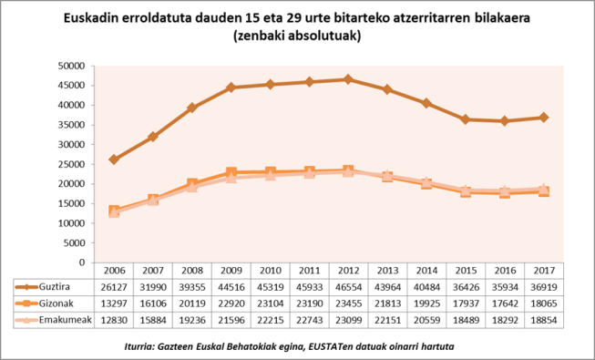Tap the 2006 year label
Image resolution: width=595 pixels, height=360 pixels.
point(114,271)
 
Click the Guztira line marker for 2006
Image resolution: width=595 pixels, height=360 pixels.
point(114,159)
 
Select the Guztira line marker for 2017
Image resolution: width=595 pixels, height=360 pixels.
point(544,117)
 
